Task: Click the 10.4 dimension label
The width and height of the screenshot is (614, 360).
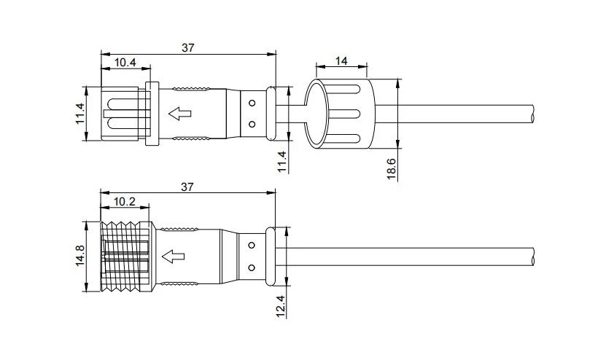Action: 125,62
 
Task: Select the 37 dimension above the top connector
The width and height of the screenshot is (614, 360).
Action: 188,48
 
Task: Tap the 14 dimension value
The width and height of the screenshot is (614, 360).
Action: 341,61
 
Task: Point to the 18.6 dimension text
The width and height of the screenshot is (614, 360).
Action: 392,168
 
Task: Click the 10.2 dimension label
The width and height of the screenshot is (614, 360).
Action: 125,202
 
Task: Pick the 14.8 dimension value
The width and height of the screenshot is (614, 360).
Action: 80,256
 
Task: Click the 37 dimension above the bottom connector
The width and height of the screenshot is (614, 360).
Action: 187,187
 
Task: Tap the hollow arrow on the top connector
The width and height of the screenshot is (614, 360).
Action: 179,114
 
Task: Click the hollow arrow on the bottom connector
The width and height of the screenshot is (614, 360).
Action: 173,257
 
